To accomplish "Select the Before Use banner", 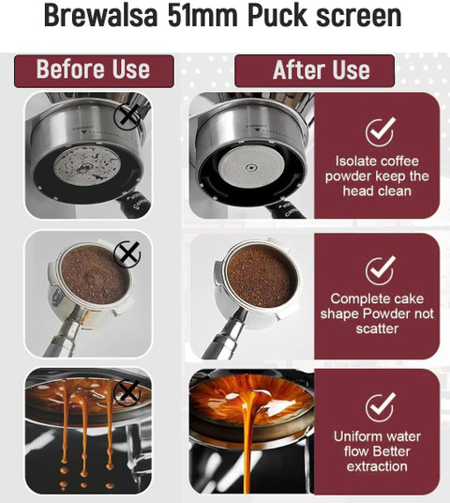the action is pyautogui.click(x=94, y=71).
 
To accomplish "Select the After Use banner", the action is pyautogui.click(x=314, y=71).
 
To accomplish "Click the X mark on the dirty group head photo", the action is pyautogui.click(x=127, y=116).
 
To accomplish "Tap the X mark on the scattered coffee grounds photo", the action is pyautogui.click(x=127, y=253).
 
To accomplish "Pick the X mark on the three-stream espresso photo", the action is pyautogui.click(x=127, y=392).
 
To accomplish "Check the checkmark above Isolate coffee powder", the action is pyautogui.click(x=380, y=131).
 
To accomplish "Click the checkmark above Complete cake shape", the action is pyautogui.click(x=380, y=269).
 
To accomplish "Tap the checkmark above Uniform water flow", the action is pyautogui.click(x=380, y=406).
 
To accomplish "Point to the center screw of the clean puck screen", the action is pyautogui.click(x=250, y=167).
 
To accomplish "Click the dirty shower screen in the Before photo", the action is pyautogui.click(x=87, y=166).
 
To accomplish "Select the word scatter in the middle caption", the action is pyautogui.click(x=377, y=328).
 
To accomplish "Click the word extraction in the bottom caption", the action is pyautogui.click(x=377, y=466).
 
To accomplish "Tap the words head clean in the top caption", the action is pyautogui.click(x=377, y=191).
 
